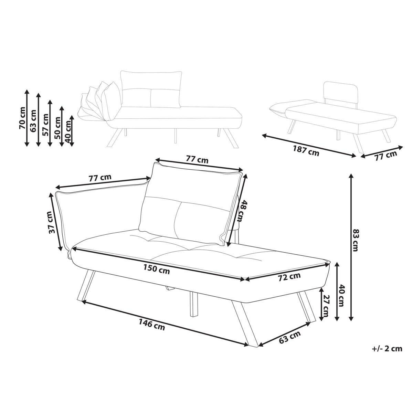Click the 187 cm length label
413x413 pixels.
tap(306, 150)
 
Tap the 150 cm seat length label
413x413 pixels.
tap(157, 269)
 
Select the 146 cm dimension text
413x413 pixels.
tap(152, 325)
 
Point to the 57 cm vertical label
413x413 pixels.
tap(45, 125)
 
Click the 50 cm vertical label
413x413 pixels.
tap(57, 128)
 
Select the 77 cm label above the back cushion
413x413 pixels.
tap(197, 159)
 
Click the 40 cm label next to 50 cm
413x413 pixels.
tap(68, 131)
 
